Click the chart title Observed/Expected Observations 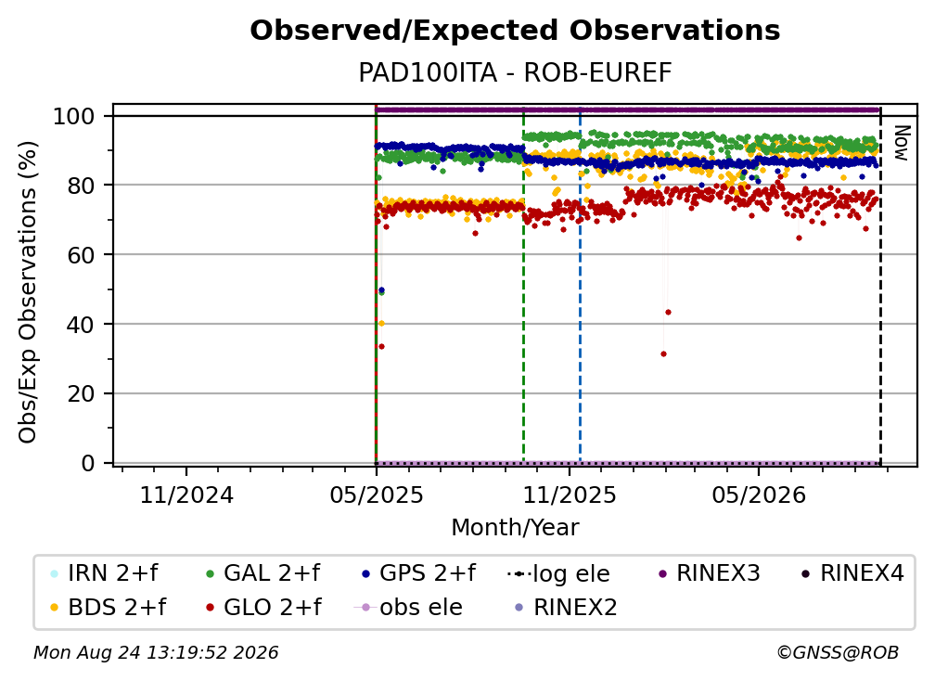coord(515,31)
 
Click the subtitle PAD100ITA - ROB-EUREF coord(515,73)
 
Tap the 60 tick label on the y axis coord(81,254)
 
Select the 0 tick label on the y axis coord(88,463)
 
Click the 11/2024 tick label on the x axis coord(186,495)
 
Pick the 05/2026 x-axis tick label coord(759,495)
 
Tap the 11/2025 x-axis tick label coord(570,495)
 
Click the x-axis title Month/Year coord(515,528)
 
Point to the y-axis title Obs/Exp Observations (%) coord(28,291)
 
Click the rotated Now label coord(902,143)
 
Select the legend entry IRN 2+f coord(105,573)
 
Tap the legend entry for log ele coord(558,574)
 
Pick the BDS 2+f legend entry coord(108,608)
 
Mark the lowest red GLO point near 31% coord(664,354)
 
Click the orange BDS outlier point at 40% coord(381,323)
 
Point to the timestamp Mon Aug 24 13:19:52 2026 coord(156,653)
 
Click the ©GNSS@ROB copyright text coord(838,653)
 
